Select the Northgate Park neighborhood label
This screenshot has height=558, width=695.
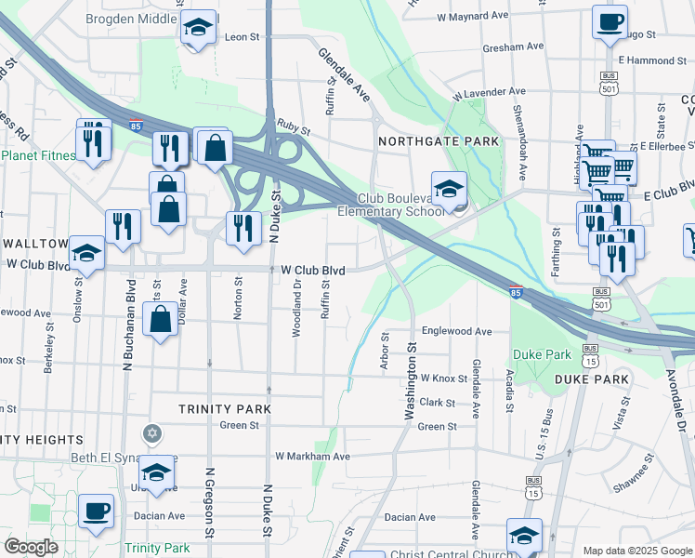point(439,141)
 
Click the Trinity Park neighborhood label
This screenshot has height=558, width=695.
point(225,409)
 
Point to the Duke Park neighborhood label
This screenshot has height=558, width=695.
point(592,379)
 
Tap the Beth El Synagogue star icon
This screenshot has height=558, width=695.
point(152,434)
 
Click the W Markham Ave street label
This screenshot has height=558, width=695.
point(312,457)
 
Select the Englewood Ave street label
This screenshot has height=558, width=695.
point(456,331)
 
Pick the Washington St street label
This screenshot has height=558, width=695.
point(408,381)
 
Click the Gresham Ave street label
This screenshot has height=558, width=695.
point(513,46)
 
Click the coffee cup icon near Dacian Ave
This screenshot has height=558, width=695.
point(96,511)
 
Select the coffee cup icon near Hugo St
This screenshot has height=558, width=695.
point(610,23)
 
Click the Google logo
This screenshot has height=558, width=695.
point(31,547)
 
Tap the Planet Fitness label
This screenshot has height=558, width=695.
point(37,155)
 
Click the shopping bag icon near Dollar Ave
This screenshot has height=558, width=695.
point(161,320)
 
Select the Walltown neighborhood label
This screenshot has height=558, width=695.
point(34,244)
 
